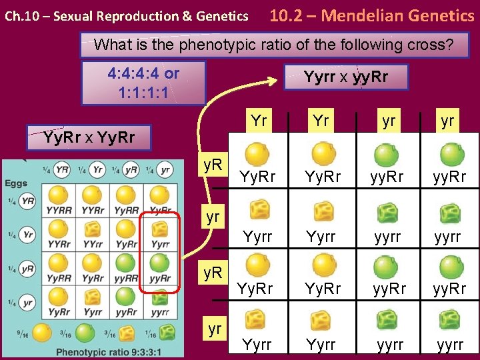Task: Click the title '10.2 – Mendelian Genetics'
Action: [371, 15]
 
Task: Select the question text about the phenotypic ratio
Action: [273, 45]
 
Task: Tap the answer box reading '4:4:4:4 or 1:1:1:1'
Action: [143, 82]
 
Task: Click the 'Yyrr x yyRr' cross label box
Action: [346, 77]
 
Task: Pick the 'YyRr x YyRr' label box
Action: [89, 138]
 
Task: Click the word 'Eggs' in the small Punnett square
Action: [16, 183]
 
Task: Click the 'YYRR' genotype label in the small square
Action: [55, 210]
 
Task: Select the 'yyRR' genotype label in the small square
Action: [127, 278]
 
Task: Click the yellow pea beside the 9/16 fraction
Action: [42, 331]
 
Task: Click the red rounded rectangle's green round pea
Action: [160, 262]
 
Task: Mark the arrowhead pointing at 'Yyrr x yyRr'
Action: [273, 82]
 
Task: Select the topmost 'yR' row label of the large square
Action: [213, 163]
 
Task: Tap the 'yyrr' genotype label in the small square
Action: [160, 312]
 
